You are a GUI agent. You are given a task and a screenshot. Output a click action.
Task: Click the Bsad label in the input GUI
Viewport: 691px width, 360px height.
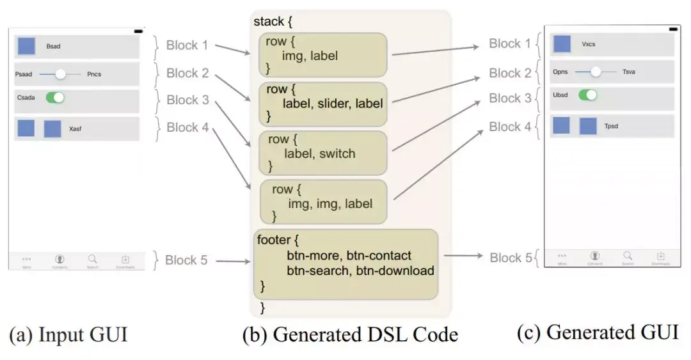(53, 47)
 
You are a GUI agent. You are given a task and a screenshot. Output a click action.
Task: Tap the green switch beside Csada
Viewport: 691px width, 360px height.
(55, 98)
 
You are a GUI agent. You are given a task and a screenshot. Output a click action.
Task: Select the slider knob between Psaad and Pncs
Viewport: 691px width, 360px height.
(60, 74)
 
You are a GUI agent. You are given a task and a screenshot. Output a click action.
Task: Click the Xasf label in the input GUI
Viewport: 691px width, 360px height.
(75, 129)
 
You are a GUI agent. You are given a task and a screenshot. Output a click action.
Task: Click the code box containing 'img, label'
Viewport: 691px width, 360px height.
(322, 56)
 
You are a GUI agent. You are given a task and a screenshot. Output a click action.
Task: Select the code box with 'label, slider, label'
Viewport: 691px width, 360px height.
(322, 103)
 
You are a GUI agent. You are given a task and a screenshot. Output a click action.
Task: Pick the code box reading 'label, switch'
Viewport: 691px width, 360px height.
(322, 153)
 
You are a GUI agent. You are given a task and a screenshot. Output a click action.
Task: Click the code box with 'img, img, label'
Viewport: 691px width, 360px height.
(322, 202)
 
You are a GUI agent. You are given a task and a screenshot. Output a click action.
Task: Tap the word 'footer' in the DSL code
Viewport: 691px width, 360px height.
(273, 241)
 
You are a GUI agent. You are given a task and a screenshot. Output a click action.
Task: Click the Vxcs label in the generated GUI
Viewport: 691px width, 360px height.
(589, 44)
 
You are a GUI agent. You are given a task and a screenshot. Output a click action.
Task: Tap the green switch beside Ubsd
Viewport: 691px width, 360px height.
(587, 95)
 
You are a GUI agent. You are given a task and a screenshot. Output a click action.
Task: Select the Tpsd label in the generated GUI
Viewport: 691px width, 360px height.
(611, 126)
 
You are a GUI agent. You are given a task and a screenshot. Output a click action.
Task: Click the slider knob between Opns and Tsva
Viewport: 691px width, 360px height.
(595, 72)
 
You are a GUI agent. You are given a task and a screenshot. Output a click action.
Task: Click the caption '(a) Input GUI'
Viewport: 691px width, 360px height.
(68, 334)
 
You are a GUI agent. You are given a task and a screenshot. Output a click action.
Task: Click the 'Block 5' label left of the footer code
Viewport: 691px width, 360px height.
(186, 260)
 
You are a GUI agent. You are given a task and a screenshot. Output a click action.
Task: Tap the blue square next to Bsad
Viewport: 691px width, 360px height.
(26, 46)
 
